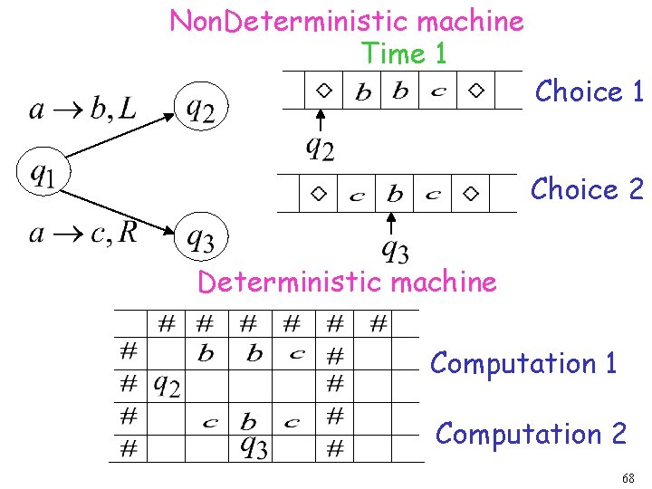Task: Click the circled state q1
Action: click(x=41, y=172)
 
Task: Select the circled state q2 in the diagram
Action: click(x=202, y=108)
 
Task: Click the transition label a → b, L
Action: click(x=83, y=110)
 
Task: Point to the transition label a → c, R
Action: click(x=83, y=234)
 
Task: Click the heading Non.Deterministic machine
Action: click(x=347, y=21)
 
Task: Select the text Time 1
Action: click(x=404, y=53)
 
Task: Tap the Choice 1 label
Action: click(x=590, y=91)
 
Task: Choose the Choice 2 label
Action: click(x=587, y=188)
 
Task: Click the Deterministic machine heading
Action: click(x=347, y=282)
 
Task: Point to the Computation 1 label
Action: click(x=523, y=363)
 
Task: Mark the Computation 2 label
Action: click(x=531, y=434)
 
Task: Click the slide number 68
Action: click(x=628, y=477)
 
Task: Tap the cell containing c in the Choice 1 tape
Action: click(x=438, y=91)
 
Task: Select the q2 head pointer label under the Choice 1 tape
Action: click(x=319, y=146)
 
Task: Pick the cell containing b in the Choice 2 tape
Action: click(x=395, y=194)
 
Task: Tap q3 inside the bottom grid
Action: click(x=254, y=446)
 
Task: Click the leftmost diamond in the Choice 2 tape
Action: click(x=318, y=194)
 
